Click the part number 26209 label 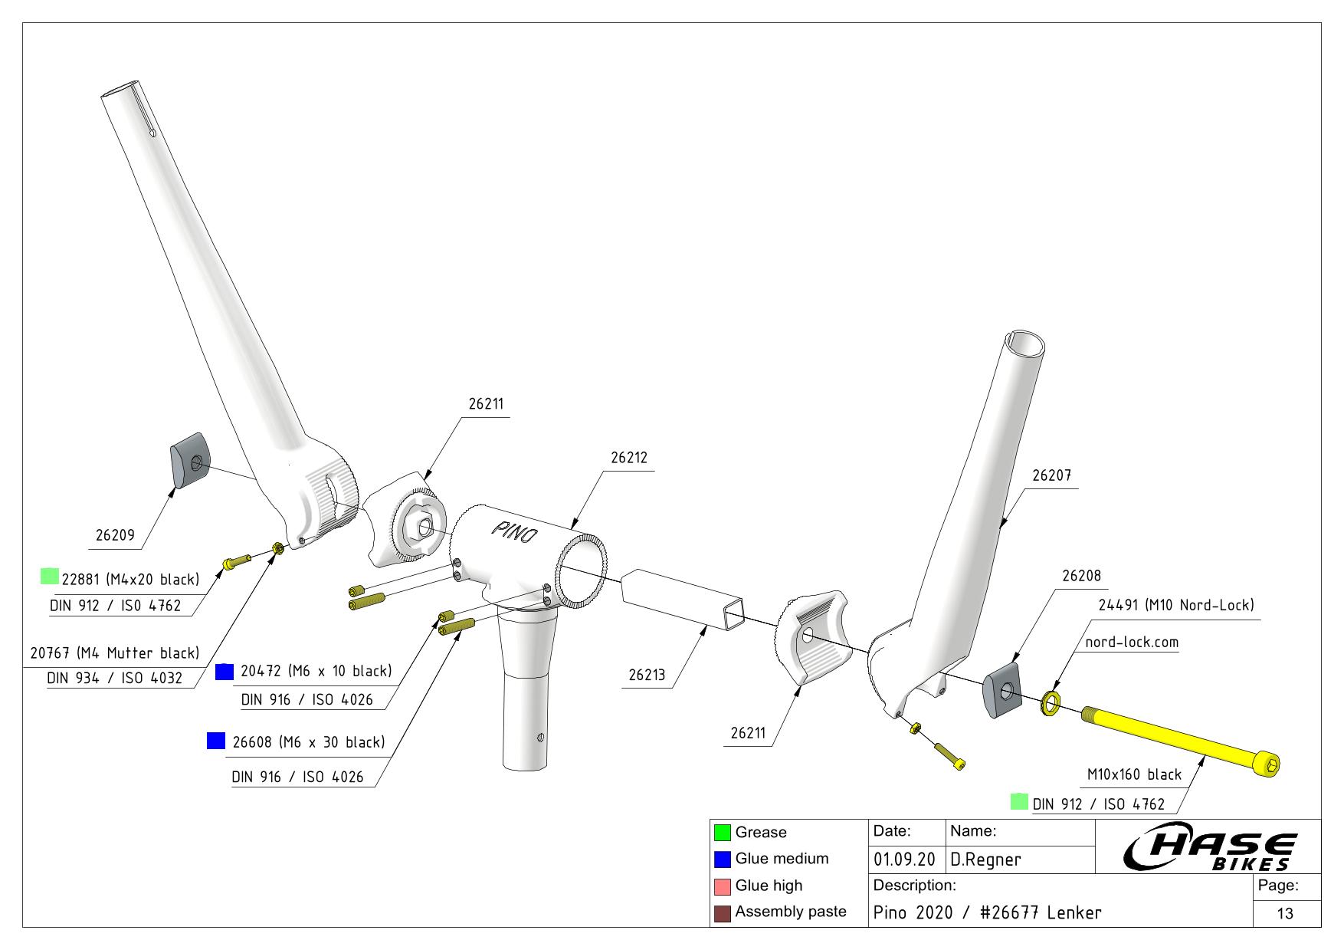coord(114,535)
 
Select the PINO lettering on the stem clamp coord(514,531)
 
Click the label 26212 coord(628,458)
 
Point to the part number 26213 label coord(647,675)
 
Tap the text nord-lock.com coord(1132,642)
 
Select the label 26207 coord(1051,475)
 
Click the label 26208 coord(1081,575)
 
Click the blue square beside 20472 coord(225,671)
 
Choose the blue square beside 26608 coord(216,741)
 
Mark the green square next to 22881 coord(50,577)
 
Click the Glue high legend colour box coord(722,886)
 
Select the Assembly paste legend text coord(791,912)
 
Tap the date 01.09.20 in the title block coord(904,860)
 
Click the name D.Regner coord(985,860)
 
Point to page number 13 coord(1285,913)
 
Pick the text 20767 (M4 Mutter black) coord(114,653)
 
